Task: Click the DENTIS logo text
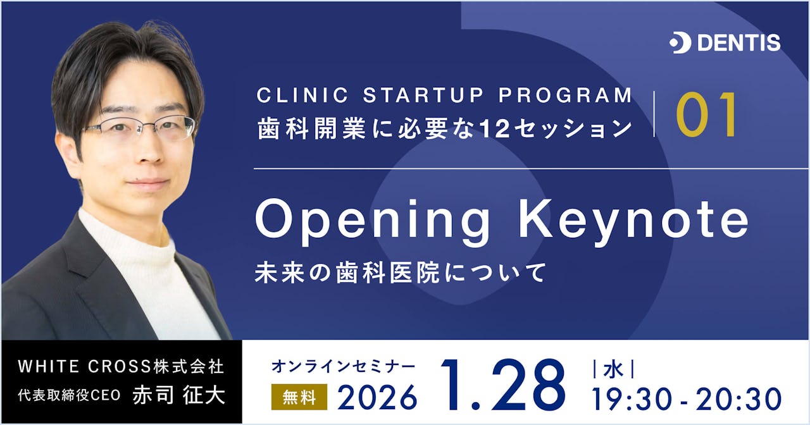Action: pos(738,43)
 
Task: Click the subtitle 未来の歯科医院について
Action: pos(400,273)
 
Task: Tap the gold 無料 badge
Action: pos(299,397)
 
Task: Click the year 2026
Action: pos(377,397)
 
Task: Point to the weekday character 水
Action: pos(611,368)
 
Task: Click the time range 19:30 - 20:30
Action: pos(687,399)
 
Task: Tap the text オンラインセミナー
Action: pos(344,367)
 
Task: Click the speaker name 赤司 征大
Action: pos(178,396)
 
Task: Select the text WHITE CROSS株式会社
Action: pos(120,366)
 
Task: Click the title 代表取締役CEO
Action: pos(69,397)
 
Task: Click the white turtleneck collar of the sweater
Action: pos(127,240)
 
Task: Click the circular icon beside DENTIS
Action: pos(680,43)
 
